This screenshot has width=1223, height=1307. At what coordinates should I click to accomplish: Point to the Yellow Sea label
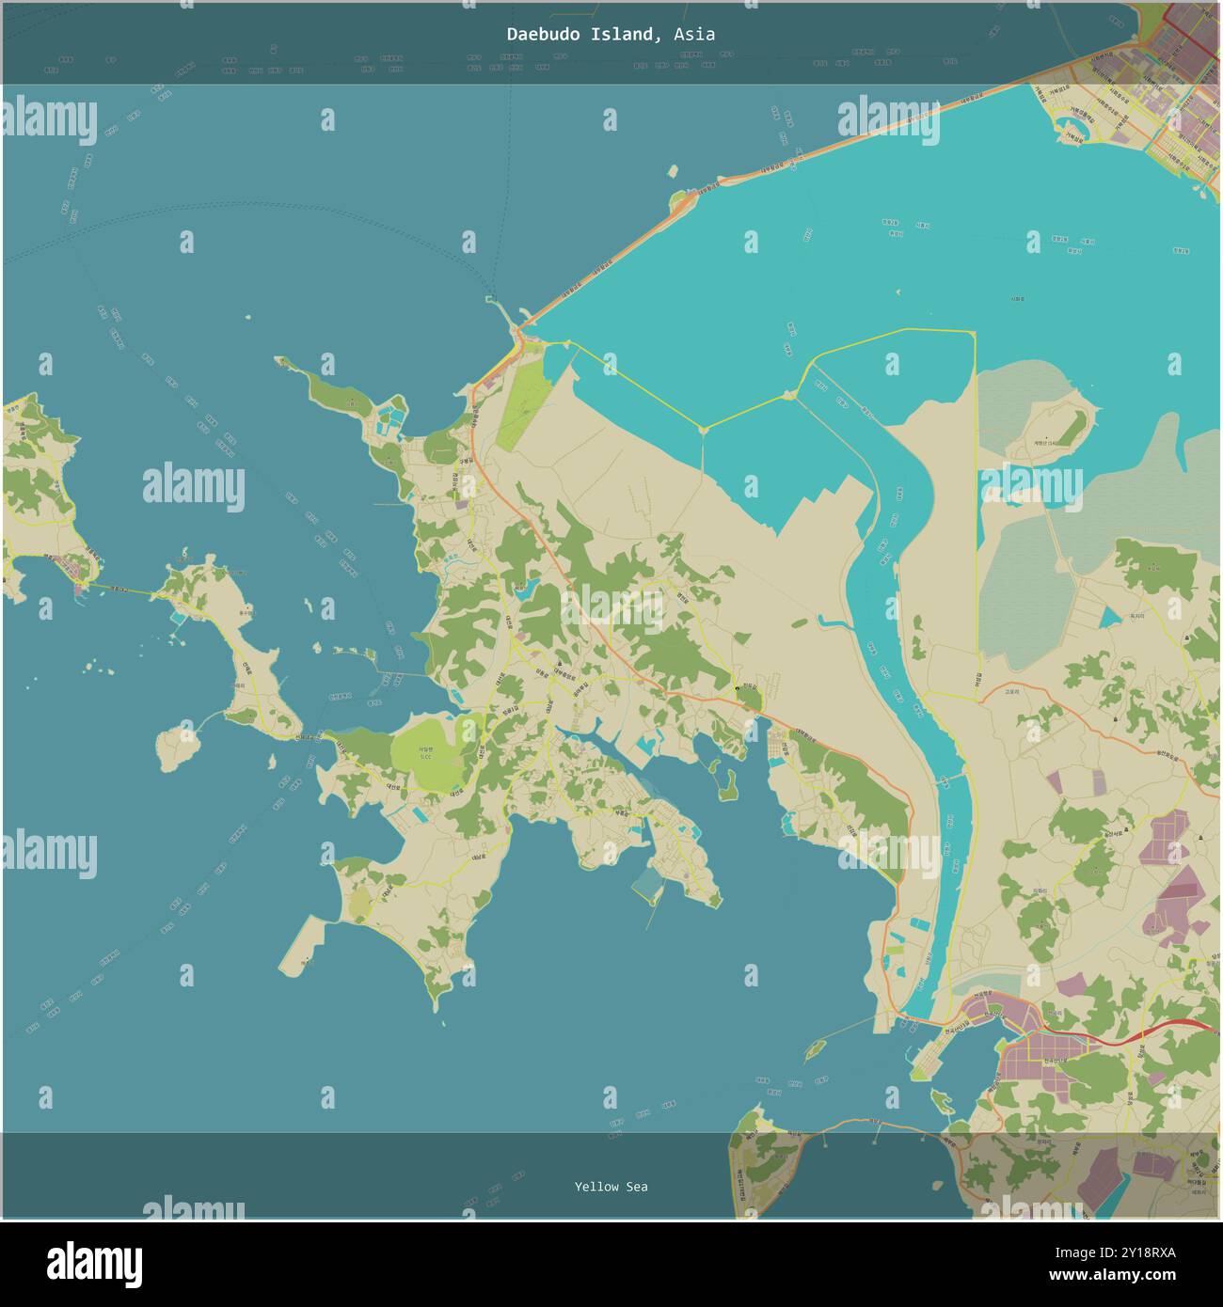(x=611, y=1187)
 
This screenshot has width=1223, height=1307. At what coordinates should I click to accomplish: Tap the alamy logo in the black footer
(x=94, y=1263)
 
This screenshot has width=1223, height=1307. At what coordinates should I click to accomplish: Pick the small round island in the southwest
(x=177, y=748)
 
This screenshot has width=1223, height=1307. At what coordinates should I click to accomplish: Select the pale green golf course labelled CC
(x=424, y=752)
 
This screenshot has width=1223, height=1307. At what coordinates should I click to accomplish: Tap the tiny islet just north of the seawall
(x=673, y=171)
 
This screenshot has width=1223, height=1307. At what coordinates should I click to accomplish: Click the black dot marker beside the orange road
(x=738, y=689)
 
